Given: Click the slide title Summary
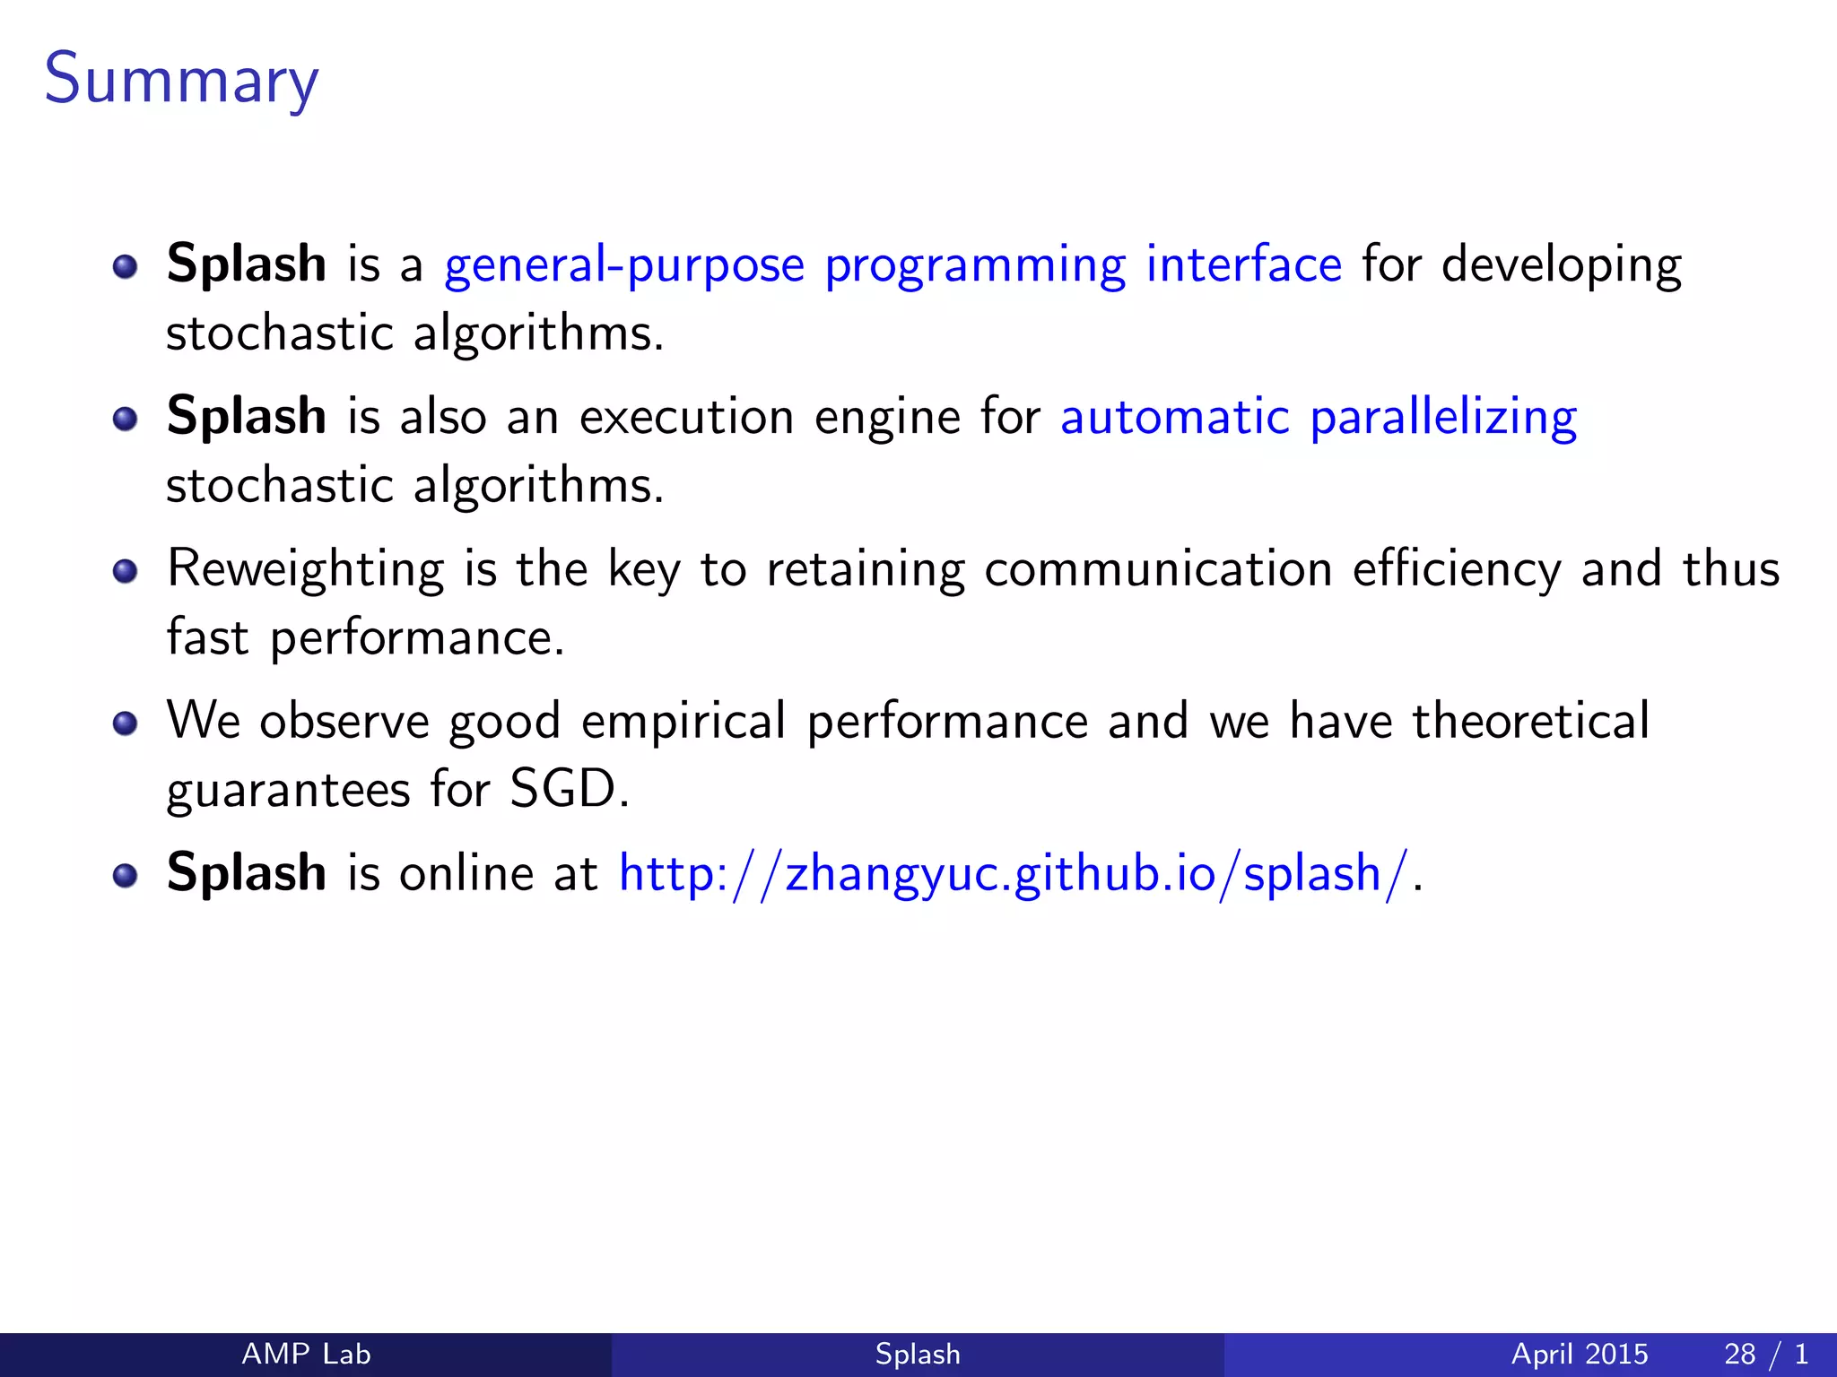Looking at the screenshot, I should tap(181, 81).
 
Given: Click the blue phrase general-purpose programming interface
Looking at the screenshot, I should tap(892, 265).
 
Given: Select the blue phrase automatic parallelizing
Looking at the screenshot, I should tap(1319, 418).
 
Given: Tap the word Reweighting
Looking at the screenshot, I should tap(305, 570).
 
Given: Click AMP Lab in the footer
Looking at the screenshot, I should tap(306, 1354).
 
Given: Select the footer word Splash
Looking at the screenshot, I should tap(918, 1354).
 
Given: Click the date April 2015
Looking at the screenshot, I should tap(1580, 1354).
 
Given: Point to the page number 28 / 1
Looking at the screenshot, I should tap(1765, 1354).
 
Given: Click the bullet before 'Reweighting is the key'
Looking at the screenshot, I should tap(126, 571).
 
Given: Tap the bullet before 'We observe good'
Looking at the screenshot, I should tap(126, 723).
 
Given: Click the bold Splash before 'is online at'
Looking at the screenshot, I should tap(247, 873).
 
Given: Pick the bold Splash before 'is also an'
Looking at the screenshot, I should tap(247, 418).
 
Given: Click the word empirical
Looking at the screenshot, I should tap(683, 723).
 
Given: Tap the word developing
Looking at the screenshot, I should tap(1562, 265).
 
